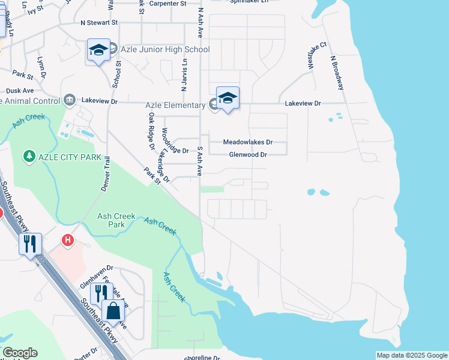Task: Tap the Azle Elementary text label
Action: coord(175,106)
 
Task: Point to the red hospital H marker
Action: coord(68,241)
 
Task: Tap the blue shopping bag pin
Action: coord(113,312)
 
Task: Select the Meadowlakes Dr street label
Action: coord(247,142)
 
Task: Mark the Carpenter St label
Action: coord(168,4)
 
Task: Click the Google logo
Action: coord(19,353)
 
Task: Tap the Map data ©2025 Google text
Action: coord(411,355)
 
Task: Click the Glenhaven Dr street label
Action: coord(97,268)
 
